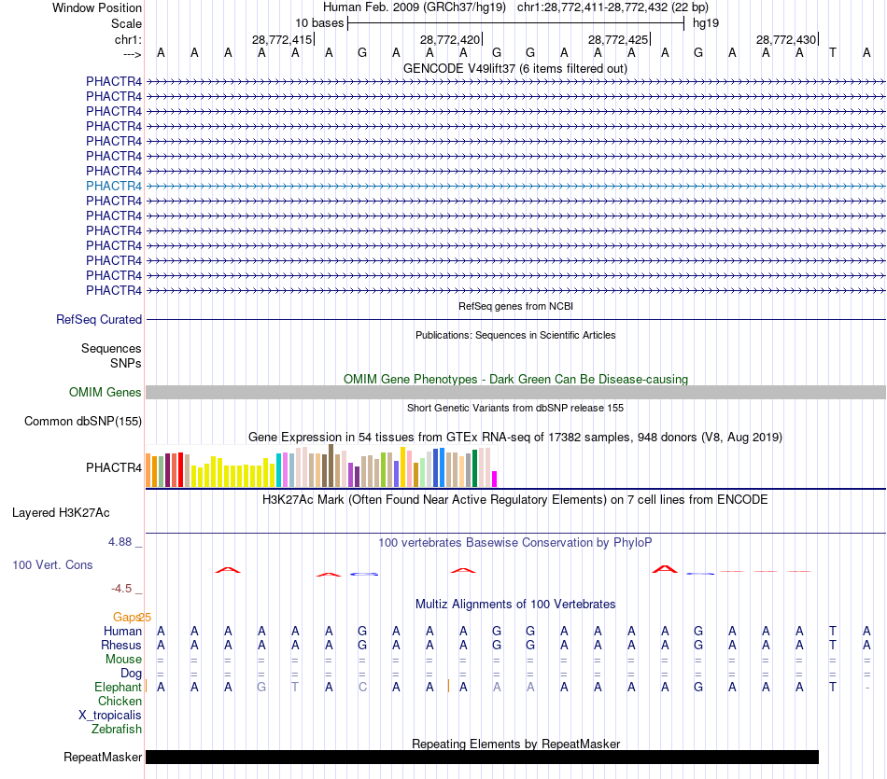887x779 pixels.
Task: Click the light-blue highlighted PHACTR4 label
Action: [114, 186]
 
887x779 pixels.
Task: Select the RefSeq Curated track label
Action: [99, 320]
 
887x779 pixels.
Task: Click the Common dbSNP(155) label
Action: [83, 422]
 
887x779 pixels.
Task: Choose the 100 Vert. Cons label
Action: [52, 565]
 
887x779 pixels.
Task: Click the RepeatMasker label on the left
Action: [103, 758]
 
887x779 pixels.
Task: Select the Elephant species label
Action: [118, 688]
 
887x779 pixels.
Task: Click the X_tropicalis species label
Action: [110, 716]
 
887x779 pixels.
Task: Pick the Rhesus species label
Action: [122, 646]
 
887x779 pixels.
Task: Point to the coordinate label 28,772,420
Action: [450, 40]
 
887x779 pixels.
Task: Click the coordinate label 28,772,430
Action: [786, 40]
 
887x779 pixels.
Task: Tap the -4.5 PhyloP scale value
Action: [124, 589]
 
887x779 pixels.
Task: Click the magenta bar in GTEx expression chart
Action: [495, 479]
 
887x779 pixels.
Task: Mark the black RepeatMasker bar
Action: [482, 758]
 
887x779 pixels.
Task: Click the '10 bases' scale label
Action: [319, 22]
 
